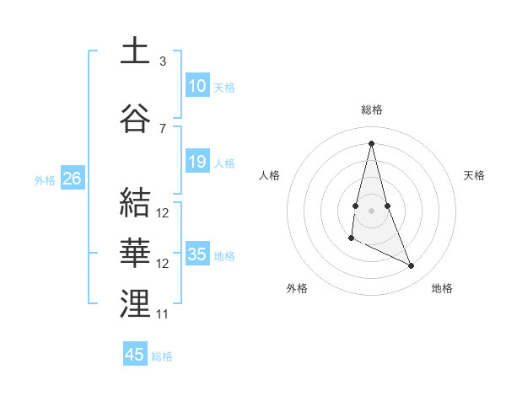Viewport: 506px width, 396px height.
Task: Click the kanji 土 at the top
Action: point(136,51)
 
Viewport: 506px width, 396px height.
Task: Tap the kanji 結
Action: point(136,202)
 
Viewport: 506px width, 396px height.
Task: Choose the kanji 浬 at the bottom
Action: point(136,304)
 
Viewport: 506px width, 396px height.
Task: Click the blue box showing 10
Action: point(197,86)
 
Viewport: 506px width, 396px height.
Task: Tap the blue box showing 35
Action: point(197,254)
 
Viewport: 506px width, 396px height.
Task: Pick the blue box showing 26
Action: point(72,179)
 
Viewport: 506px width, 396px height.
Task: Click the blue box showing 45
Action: point(135,355)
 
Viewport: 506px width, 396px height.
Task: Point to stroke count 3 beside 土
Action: point(163,61)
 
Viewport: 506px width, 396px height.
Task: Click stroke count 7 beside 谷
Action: point(163,128)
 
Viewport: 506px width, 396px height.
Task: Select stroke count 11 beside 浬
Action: point(163,314)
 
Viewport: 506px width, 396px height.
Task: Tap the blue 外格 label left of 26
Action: point(45,179)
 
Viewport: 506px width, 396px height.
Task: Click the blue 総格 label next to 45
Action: point(162,356)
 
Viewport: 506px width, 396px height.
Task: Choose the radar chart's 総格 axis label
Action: point(372,110)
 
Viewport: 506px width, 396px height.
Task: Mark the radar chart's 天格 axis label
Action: point(474,175)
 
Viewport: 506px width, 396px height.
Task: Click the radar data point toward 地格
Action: point(412,266)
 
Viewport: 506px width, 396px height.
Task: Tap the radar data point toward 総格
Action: point(372,142)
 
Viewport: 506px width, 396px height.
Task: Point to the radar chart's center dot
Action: point(372,209)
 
